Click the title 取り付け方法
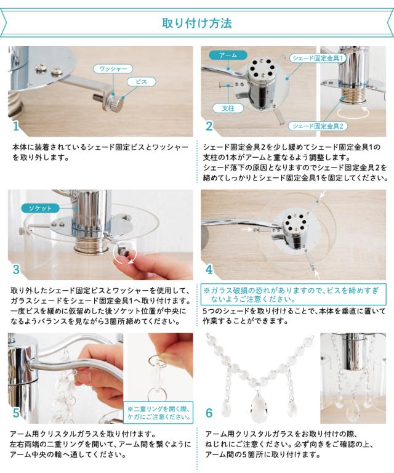tap(197, 23)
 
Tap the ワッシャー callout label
tap(113, 69)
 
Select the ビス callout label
tap(141, 82)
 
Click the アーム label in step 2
tap(228, 55)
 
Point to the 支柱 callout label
tap(228, 108)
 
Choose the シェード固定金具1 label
tap(318, 59)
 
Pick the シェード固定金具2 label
tap(318, 126)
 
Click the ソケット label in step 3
tap(40, 208)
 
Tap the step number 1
tap(16, 126)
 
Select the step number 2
tap(209, 126)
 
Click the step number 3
tap(16, 269)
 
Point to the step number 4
tap(209, 269)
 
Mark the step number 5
tap(16, 413)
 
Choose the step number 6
tap(209, 413)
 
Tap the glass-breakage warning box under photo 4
tap(293, 294)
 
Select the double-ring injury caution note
tap(158, 413)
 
